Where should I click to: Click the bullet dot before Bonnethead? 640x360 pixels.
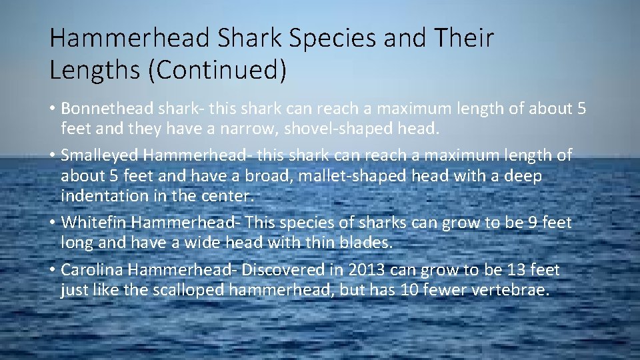click(53, 109)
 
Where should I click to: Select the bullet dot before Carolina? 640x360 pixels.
click(53, 271)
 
